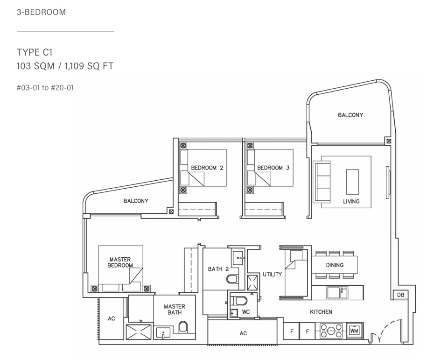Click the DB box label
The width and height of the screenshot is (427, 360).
(x=400, y=295)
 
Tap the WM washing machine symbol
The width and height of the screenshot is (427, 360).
(x=354, y=331)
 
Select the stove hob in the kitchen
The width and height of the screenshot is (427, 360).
(x=331, y=331)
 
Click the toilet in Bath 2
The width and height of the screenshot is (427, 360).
(x=232, y=279)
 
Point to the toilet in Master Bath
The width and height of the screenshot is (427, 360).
(x=183, y=327)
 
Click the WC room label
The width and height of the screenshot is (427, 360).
(x=245, y=312)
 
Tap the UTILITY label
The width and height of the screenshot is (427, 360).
(x=272, y=275)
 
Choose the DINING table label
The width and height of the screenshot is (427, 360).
(x=335, y=265)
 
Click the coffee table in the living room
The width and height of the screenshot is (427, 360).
(x=352, y=182)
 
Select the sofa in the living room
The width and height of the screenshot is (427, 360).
(x=322, y=182)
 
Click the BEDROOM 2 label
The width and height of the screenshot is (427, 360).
(x=207, y=168)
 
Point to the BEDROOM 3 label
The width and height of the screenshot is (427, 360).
(x=273, y=168)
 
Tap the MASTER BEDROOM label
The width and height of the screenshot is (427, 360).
(x=120, y=262)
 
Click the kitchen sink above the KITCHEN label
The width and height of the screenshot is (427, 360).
(x=337, y=293)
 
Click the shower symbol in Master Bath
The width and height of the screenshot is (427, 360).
(x=139, y=332)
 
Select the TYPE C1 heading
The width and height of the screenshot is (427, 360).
(x=35, y=52)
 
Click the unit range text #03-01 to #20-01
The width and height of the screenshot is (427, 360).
(x=45, y=88)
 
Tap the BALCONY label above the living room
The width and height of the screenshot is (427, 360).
(x=350, y=115)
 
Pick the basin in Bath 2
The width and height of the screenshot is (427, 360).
(x=238, y=258)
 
